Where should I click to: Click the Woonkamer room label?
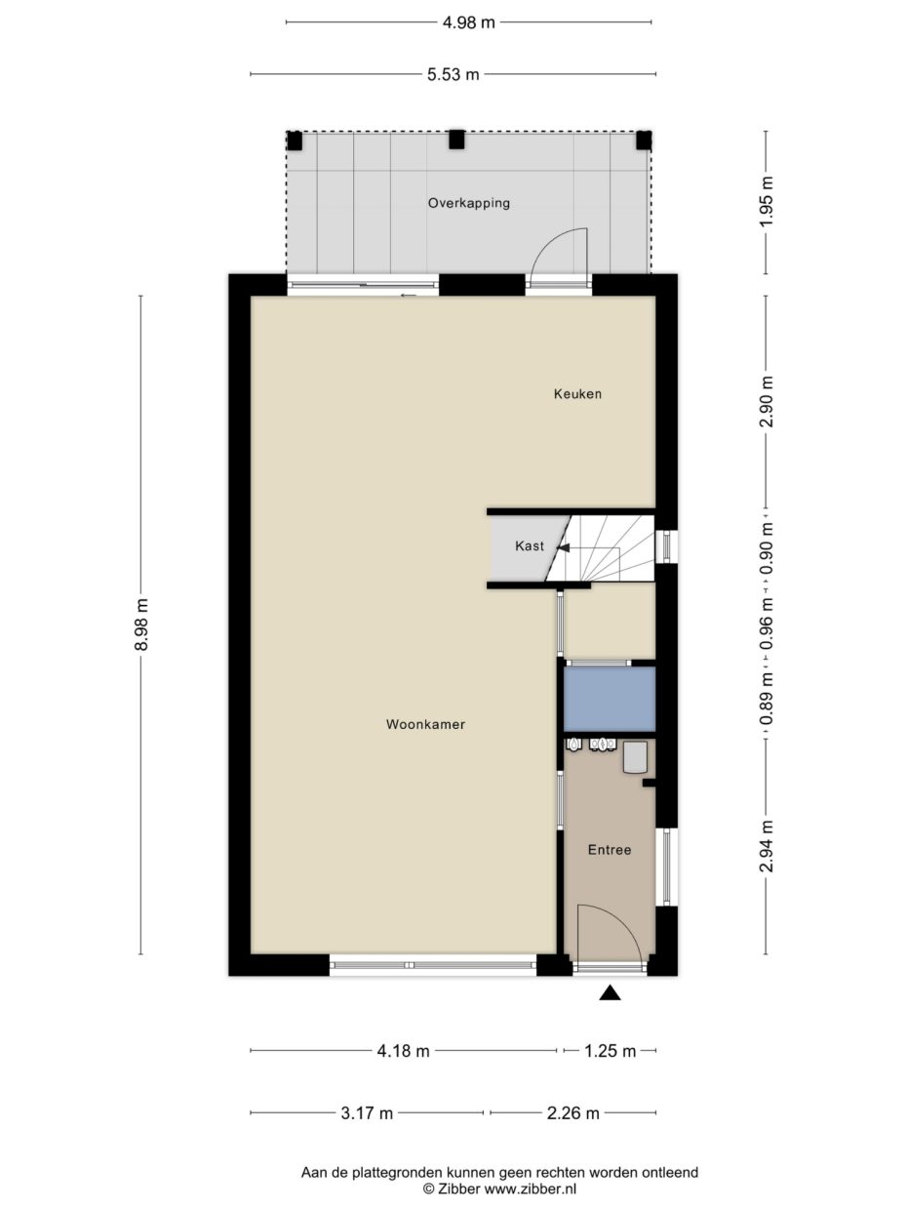click(425, 724)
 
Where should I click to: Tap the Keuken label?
click(577, 394)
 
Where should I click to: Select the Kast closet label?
click(530, 545)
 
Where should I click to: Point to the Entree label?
click(610, 850)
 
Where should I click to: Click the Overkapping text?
click(469, 203)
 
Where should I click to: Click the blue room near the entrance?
click(610, 699)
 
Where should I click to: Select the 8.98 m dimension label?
click(141, 625)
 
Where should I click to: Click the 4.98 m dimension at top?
click(469, 22)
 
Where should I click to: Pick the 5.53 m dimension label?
click(453, 74)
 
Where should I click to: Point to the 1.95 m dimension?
click(767, 202)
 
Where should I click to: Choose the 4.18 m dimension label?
click(403, 1051)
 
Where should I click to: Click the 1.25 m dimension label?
click(611, 1051)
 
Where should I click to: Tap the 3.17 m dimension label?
click(367, 1113)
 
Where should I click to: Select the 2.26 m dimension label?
click(572, 1113)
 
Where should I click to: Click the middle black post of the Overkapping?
click(456, 140)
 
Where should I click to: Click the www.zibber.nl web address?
click(531, 1190)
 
